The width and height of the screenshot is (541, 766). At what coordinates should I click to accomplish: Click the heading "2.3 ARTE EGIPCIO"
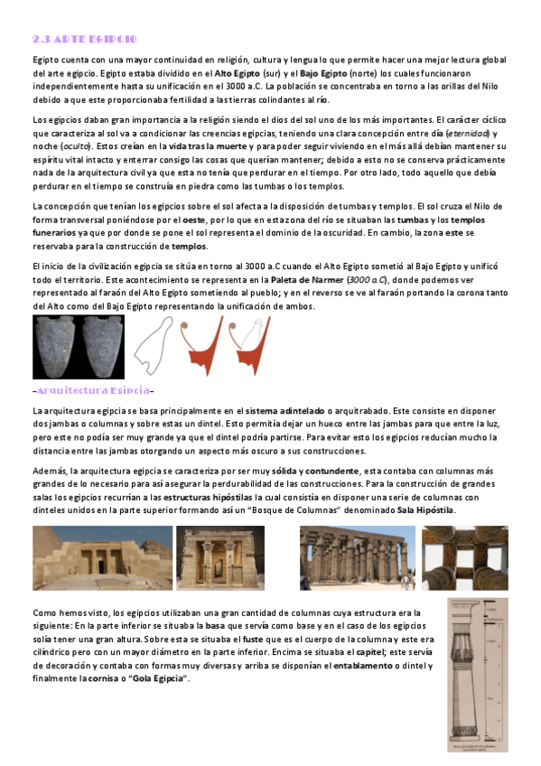83,40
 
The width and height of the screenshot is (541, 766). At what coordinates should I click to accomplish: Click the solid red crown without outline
203,348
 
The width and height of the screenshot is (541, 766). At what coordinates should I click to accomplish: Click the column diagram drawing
477,674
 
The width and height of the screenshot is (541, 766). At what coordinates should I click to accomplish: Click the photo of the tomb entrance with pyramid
102,556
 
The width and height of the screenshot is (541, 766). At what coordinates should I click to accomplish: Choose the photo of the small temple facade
220,556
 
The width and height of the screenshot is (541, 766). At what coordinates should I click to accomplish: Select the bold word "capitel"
367,651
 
